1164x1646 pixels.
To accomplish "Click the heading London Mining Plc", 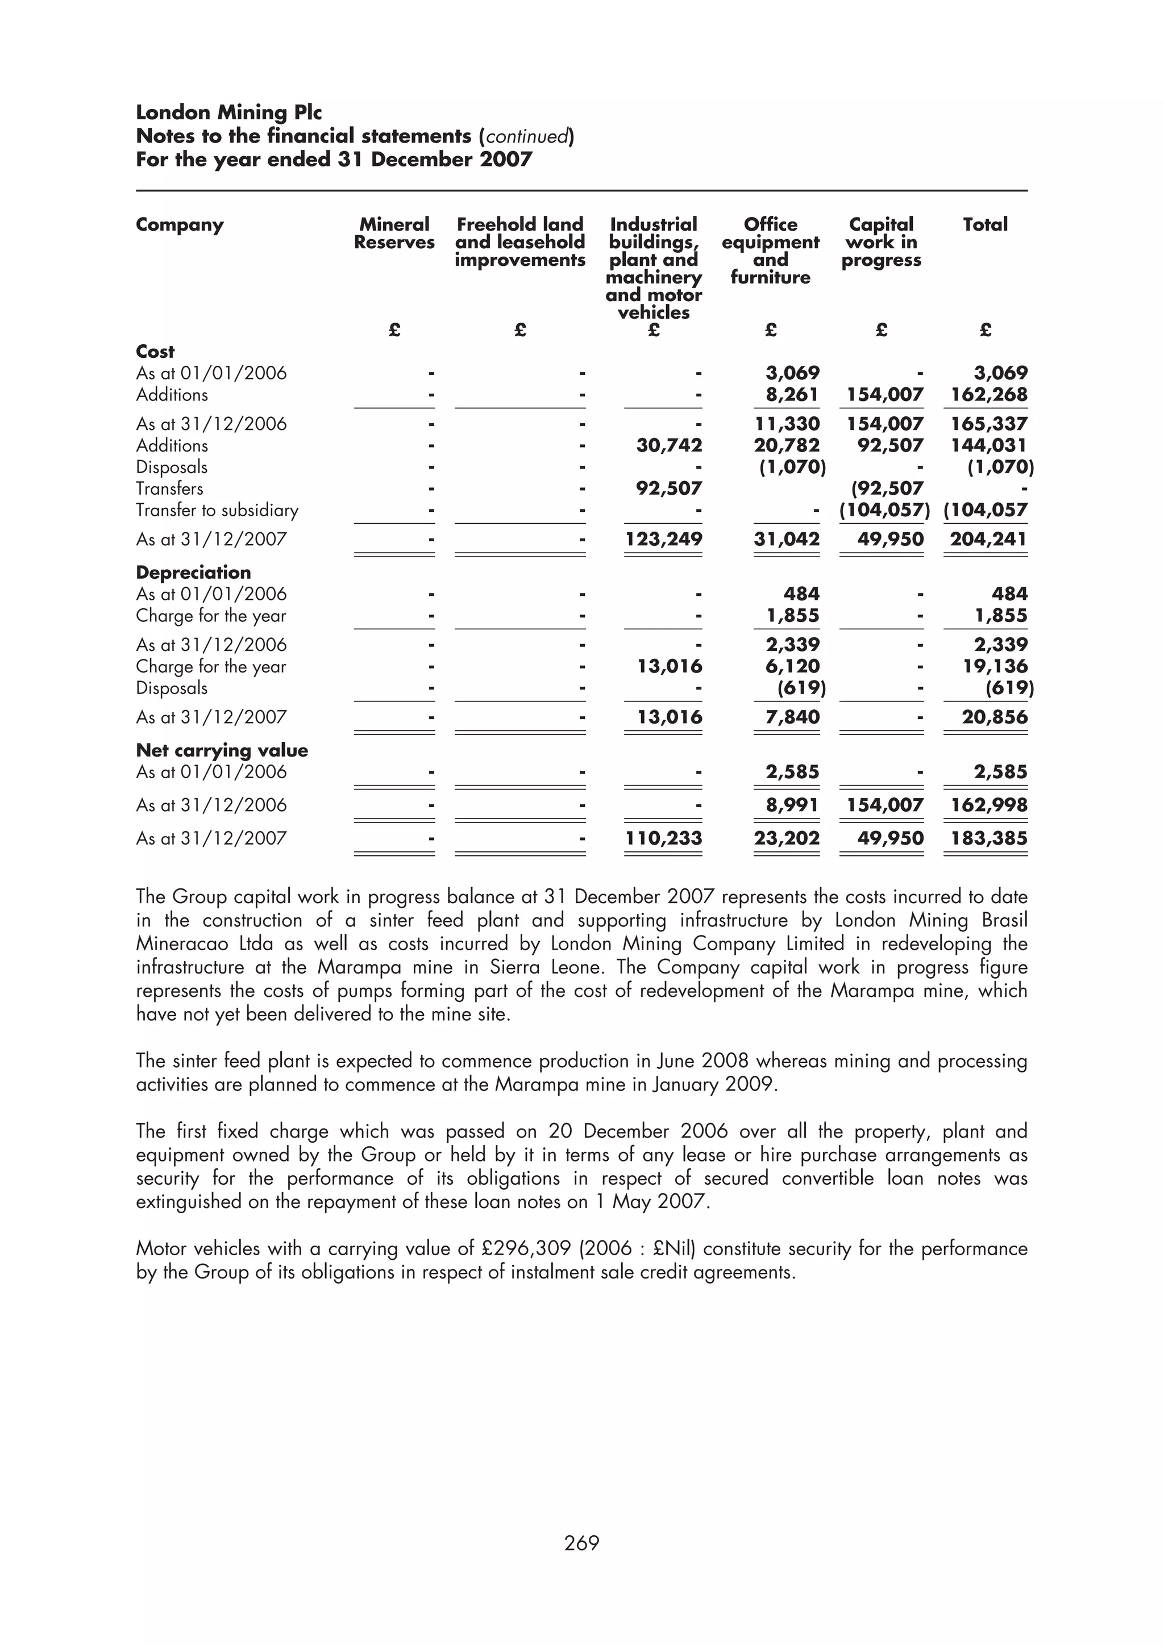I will [x=229, y=112].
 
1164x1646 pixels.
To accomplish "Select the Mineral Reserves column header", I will [x=394, y=233].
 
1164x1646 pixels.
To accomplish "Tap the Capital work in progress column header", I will [x=881, y=243].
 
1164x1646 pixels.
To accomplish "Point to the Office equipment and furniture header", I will [x=770, y=251].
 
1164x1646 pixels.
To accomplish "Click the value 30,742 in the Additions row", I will [x=669, y=445].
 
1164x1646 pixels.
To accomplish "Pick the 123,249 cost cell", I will [x=663, y=539].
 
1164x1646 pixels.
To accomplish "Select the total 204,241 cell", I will [x=988, y=539].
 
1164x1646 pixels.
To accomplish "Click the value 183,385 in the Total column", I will [x=988, y=838].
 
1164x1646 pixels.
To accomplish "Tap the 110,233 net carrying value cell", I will [x=663, y=838].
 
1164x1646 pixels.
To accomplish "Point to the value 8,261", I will [x=792, y=394].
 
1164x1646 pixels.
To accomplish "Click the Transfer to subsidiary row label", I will [x=217, y=511].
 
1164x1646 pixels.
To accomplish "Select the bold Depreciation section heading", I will [x=194, y=572].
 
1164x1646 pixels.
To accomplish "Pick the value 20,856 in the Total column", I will [x=994, y=717].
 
